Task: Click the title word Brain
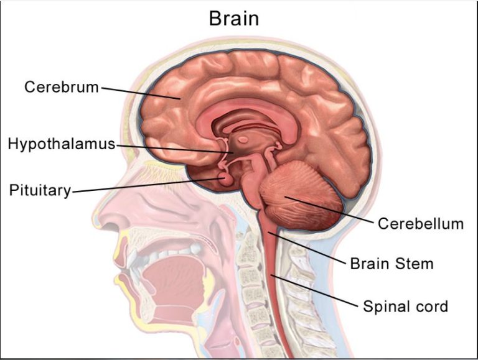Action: [x=234, y=18]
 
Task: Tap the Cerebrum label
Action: [x=62, y=87]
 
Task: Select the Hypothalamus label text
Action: [x=62, y=144]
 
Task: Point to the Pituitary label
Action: [x=40, y=190]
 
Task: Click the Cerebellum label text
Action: [x=421, y=224]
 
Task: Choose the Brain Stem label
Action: [x=391, y=264]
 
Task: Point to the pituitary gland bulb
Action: [x=226, y=180]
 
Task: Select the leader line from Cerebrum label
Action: [x=141, y=93]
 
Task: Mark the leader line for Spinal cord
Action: [x=314, y=291]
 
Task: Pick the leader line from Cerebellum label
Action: [x=329, y=210]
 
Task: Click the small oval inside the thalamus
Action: [x=243, y=140]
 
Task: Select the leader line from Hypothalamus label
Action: [x=175, y=149]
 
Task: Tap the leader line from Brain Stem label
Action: [x=307, y=247]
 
